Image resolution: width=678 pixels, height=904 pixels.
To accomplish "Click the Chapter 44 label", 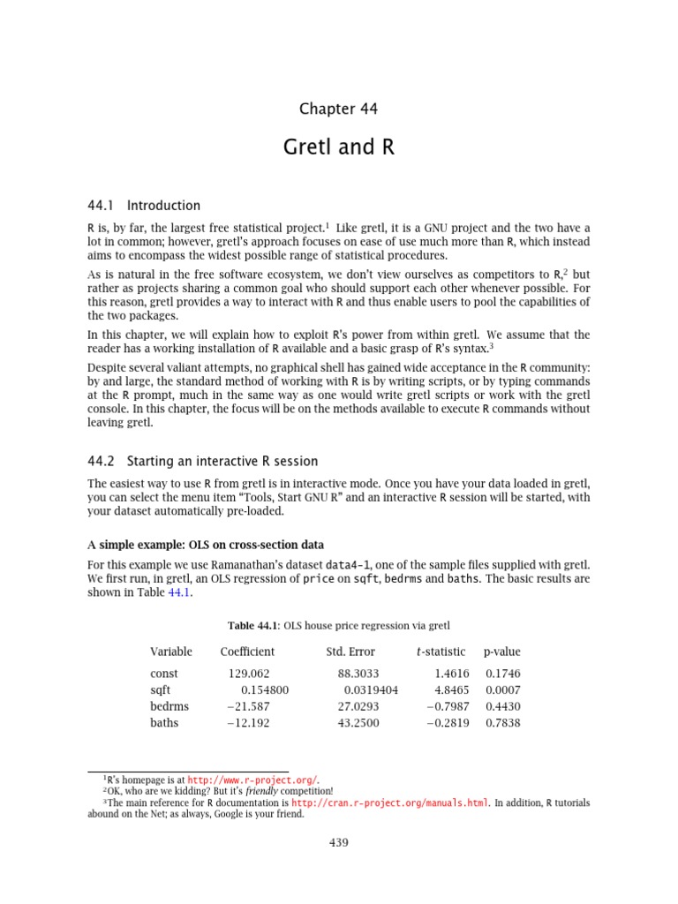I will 338,109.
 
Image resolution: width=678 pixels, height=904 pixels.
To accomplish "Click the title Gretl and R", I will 338,147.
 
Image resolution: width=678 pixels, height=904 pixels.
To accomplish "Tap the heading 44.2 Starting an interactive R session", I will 202,461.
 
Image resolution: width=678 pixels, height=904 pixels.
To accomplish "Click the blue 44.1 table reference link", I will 178,593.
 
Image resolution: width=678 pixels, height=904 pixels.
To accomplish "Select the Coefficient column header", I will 247,652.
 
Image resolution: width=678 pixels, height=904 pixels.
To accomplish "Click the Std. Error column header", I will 350,652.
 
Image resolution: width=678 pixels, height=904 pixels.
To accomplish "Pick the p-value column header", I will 501,652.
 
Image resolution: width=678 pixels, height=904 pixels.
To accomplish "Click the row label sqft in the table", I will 161,689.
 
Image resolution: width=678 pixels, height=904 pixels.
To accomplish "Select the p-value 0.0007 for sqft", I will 502,689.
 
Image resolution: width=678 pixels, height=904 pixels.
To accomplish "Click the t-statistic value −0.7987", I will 448,706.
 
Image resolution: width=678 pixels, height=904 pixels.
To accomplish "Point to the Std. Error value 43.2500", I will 358,723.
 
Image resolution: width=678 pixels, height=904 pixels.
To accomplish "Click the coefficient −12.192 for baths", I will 248,723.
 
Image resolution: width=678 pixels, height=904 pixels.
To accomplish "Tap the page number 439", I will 338,842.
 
